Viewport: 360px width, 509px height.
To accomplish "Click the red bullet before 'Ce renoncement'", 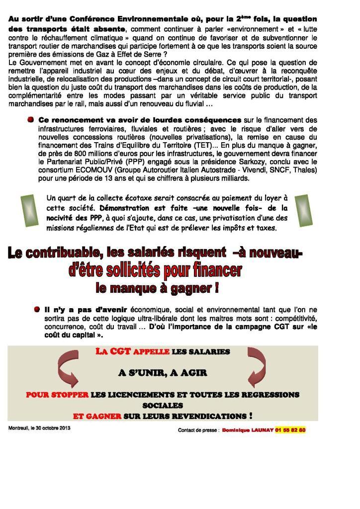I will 31,120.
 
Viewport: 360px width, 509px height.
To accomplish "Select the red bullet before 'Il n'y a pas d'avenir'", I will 37,309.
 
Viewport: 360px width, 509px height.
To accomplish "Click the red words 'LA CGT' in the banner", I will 113,351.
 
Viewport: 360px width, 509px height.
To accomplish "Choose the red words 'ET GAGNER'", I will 97,416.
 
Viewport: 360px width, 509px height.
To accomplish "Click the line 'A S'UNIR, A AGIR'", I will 163,372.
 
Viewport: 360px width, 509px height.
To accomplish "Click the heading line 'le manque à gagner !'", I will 157,287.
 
